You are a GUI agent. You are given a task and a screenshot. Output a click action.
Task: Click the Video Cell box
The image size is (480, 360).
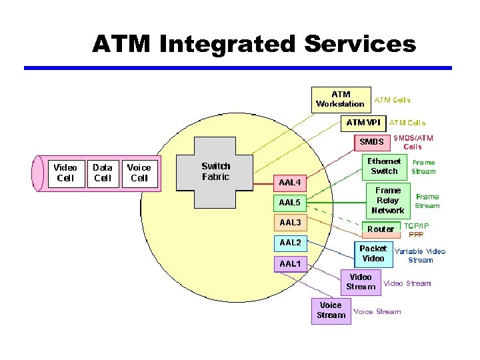[x=65, y=173]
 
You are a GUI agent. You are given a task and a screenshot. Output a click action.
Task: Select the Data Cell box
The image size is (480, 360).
[x=103, y=173]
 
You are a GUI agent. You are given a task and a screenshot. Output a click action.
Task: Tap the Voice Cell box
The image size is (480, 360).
[x=139, y=173]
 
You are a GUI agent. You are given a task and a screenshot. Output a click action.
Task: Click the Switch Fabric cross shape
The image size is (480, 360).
[x=215, y=172]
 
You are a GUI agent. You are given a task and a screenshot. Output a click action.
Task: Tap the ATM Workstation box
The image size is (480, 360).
[x=341, y=99]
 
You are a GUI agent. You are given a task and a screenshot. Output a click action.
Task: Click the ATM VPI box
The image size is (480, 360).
[x=363, y=123]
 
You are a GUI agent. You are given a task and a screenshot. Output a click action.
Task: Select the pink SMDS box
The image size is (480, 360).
[x=371, y=142]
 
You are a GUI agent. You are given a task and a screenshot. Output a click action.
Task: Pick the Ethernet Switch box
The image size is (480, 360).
[x=384, y=166]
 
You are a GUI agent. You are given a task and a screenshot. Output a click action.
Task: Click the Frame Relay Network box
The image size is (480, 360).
[x=387, y=201]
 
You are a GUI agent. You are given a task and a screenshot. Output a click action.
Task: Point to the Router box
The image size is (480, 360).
[x=381, y=229]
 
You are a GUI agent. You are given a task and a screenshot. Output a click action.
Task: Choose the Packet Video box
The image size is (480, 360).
[x=373, y=253]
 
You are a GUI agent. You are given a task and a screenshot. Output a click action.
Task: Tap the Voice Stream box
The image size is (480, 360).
[x=331, y=311]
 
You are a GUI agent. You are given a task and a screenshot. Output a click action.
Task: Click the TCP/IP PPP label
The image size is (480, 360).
[x=417, y=231]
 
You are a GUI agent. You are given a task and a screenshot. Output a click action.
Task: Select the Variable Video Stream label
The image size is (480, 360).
[x=420, y=256]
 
